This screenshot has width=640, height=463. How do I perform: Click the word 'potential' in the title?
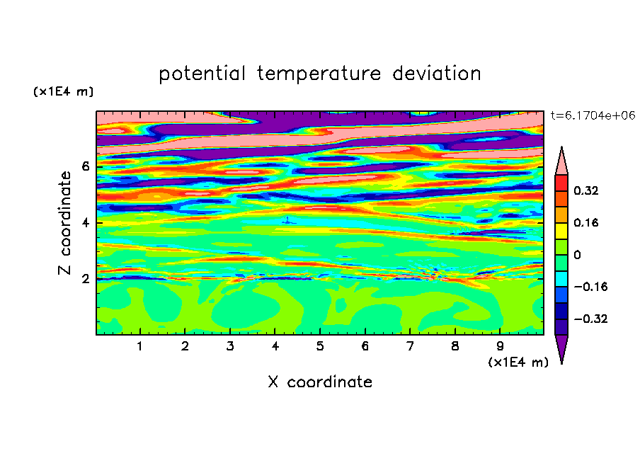pos(202,74)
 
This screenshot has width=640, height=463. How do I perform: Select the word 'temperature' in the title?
pos(319,74)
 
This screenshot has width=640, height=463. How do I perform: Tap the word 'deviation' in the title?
pos(437,73)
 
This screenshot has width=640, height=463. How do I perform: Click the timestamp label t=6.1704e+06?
pos(593,115)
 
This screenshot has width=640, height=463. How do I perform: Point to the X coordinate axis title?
pos(320,382)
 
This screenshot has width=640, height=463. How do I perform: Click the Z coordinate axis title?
pos(65,222)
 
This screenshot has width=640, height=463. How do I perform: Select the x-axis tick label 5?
pos(320,346)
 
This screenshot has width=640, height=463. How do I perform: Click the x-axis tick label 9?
pos(500,346)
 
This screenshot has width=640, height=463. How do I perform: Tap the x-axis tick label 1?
pos(139,346)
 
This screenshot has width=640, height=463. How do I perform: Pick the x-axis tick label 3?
pos(230,346)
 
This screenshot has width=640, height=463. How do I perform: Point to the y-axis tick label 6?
pos(85,166)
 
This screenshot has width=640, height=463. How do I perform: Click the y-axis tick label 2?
pos(85,279)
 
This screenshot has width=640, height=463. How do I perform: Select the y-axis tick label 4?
pos(85,223)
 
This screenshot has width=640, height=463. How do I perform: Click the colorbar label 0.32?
pos(585,190)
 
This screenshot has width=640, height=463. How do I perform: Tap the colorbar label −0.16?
pos(590,287)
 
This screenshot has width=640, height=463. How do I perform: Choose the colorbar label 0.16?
pos(585,222)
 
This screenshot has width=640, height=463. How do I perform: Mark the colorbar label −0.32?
pos(590,319)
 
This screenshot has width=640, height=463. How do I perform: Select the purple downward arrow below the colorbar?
pos(561,348)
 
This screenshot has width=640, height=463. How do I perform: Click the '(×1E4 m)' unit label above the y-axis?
pos(63,91)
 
